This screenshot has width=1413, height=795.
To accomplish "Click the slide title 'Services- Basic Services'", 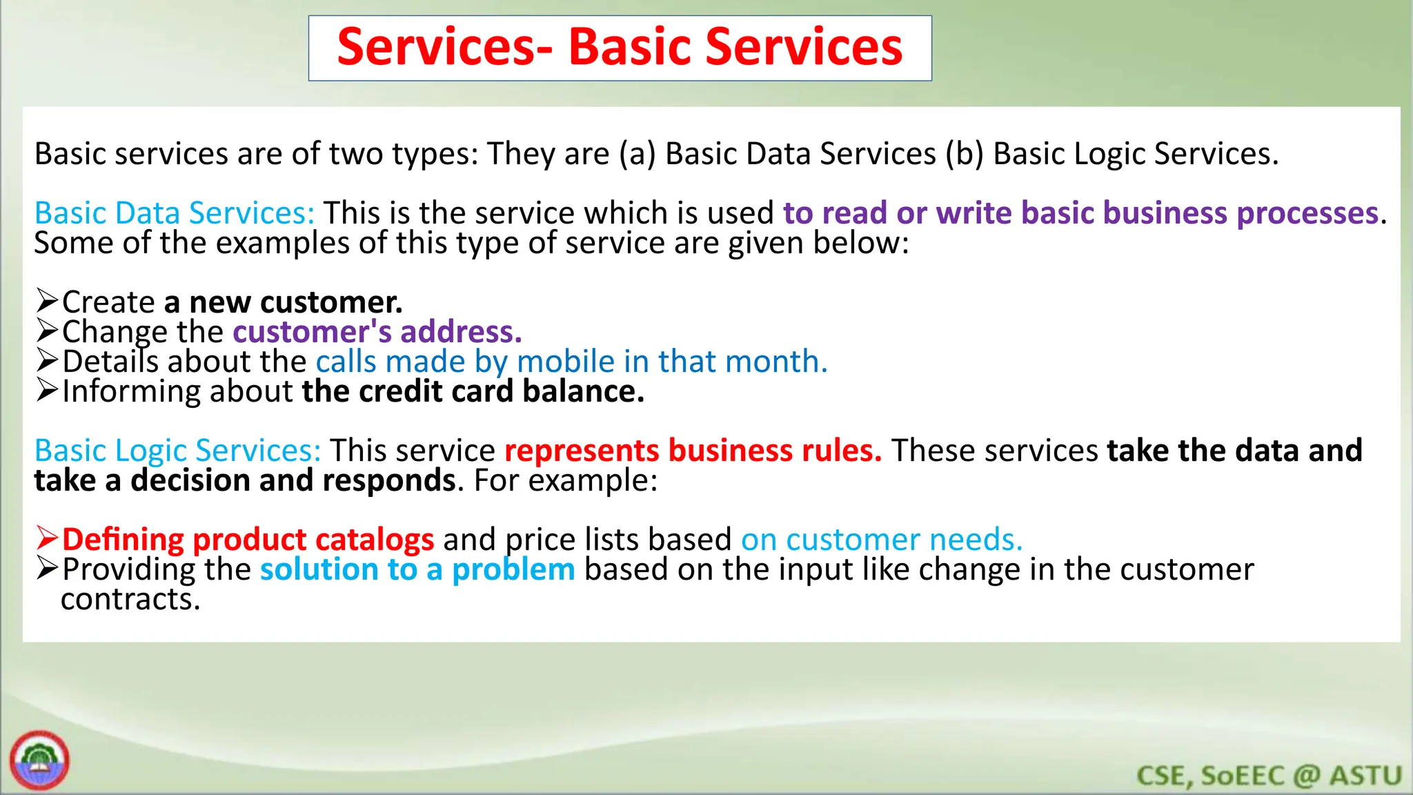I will (620, 48).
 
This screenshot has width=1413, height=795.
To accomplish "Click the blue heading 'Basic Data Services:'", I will (175, 213).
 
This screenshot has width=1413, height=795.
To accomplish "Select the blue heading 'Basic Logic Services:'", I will (177, 451).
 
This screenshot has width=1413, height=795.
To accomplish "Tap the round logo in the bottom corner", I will (39, 760).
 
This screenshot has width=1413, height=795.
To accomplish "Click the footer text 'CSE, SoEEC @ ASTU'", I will (1269, 776).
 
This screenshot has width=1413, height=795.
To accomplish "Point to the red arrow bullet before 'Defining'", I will (46, 538).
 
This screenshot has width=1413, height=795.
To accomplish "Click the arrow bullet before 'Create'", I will (46, 301).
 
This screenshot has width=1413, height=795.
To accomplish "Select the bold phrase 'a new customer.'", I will (283, 302).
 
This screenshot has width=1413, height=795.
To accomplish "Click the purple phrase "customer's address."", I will (377, 332).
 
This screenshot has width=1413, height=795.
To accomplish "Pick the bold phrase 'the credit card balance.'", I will (473, 391).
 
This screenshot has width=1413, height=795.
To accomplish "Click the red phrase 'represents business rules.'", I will (693, 451).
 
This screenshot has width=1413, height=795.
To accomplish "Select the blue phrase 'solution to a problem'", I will (417, 569).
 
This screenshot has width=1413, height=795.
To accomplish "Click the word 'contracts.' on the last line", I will (130, 599).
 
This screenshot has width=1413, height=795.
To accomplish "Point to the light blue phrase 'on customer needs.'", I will (881, 540).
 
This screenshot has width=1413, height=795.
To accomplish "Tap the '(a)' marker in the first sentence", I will (637, 154).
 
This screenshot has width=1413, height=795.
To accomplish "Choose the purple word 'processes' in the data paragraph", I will (1307, 213).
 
